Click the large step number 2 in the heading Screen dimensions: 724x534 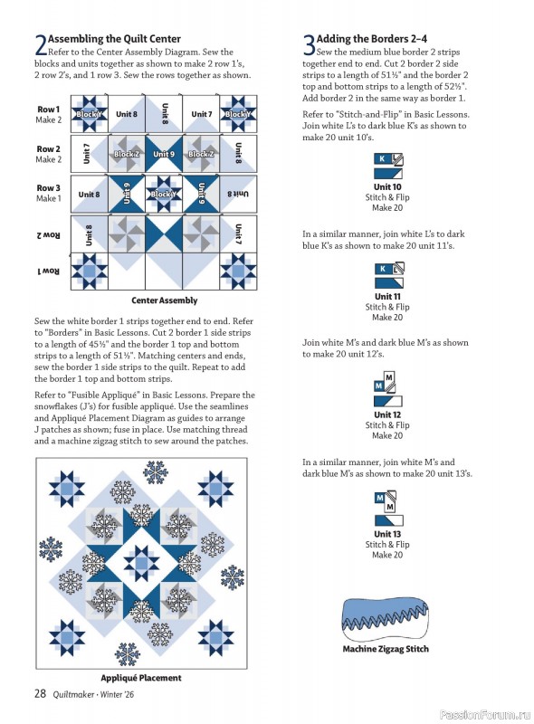40,45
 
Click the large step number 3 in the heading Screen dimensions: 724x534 309,45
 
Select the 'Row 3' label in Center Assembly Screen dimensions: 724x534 48,188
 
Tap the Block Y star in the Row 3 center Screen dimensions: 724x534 164,194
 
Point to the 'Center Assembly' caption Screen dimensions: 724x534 164,300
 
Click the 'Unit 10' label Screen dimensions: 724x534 387,187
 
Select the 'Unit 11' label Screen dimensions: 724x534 387,297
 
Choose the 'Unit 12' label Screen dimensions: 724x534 387,415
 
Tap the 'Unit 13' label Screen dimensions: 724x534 387,534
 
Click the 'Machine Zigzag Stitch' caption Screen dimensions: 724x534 386,649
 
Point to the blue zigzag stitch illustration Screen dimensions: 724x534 386,619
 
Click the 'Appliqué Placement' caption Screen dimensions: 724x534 140,677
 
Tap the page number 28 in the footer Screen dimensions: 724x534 40,694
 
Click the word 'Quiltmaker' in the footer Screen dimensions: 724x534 80,695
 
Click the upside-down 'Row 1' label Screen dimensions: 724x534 48,271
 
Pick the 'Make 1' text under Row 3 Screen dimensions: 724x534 48,198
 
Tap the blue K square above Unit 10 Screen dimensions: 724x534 382,158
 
